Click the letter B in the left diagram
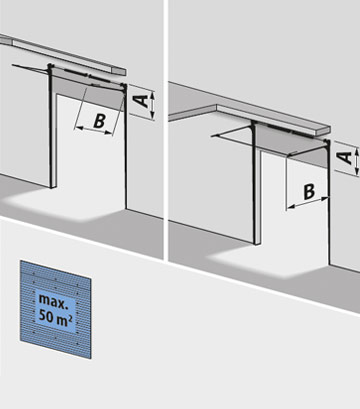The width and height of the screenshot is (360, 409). tap(99, 121)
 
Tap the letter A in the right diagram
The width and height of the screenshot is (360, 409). tap(346, 157)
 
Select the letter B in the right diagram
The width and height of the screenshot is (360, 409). tap(309, 192)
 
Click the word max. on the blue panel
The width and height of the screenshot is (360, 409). tap(52, 299)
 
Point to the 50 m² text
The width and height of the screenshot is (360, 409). tap(55, 316)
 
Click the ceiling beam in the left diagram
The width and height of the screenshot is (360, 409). tap(63, 54)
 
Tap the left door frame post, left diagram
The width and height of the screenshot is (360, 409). tap(52, 126)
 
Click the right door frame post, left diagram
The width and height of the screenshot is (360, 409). tap(126, 147)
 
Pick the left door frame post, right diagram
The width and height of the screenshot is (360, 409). tap(256, 183)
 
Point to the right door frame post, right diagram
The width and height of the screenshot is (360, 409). tap(329, 203)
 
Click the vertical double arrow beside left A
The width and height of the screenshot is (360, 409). tap(152, 105)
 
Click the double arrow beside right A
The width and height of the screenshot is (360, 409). tap(357, 161)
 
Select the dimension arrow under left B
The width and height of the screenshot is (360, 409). tap(93, 130)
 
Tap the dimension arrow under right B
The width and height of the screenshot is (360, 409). tap(308, 202)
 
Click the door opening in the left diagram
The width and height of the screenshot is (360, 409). tap(90, 150)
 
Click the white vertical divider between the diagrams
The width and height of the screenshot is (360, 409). tap(166, 130)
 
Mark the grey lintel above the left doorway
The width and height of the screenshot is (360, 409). tap(88, 89)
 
